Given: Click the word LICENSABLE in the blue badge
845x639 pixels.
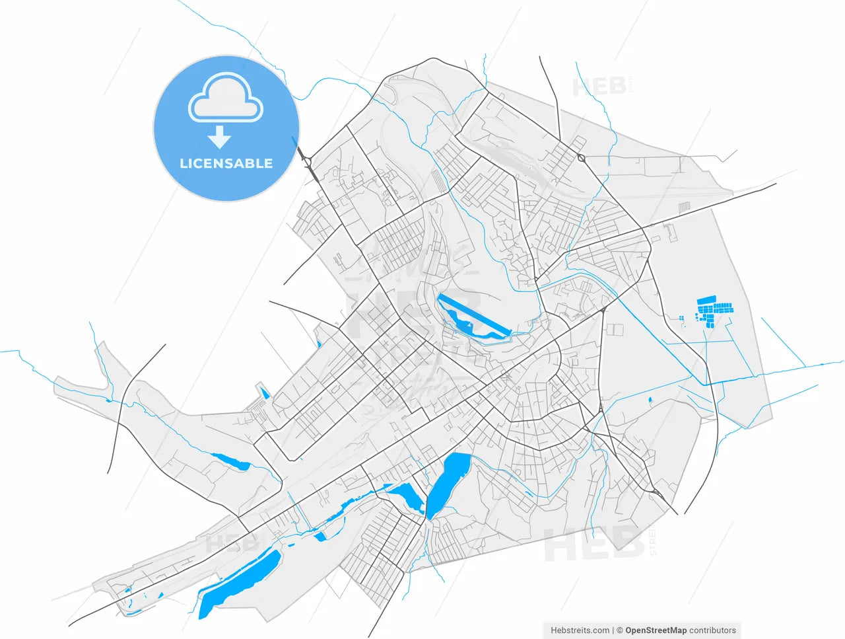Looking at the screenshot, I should point(226,163).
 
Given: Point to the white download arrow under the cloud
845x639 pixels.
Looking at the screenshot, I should point(219,137).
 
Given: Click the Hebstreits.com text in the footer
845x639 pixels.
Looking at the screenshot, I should point(580,630).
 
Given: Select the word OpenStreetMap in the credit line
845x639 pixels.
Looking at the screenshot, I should point(656,630).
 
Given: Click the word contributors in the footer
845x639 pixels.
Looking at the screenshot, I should point(712,630).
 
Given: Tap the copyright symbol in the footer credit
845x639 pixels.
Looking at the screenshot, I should point(620,630).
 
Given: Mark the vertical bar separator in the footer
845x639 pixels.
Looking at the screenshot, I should point(613,630).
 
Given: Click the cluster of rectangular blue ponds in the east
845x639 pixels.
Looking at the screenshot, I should point(714,311).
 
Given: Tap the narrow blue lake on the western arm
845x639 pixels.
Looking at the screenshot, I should point(230,461).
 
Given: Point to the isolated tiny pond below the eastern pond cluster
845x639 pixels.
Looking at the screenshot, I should point(650,400).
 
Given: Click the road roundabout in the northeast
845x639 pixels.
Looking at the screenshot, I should point(582,157).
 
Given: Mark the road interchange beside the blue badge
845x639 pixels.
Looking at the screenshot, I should point(307,160).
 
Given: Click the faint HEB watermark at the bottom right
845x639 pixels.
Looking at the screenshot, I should point(593,546).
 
